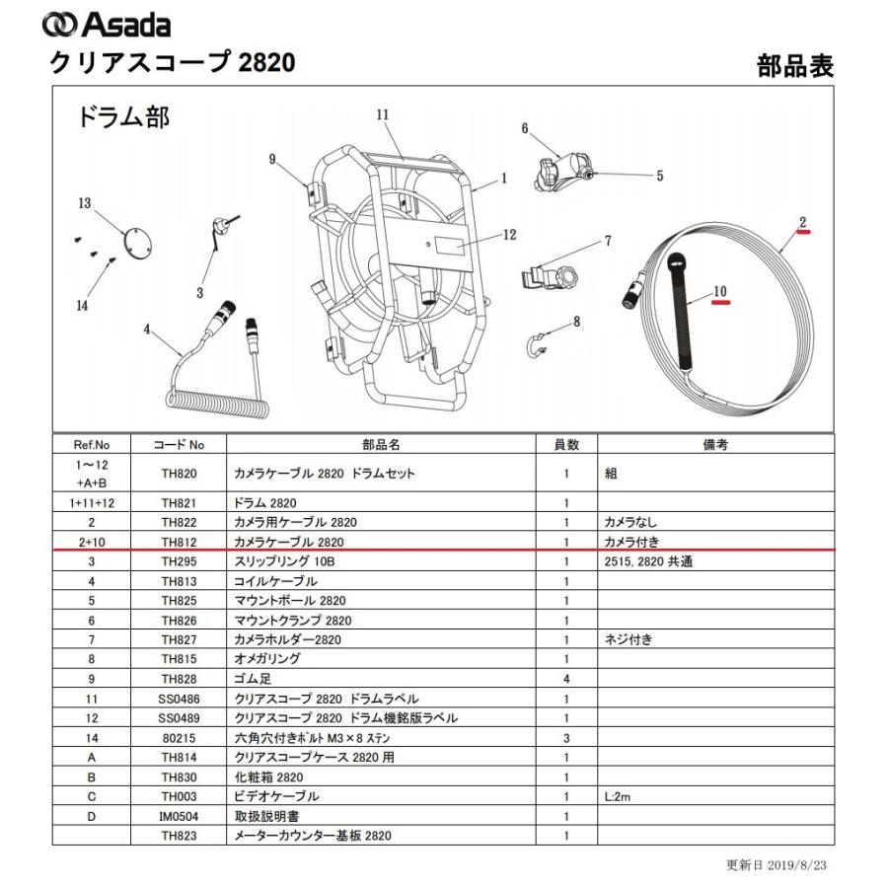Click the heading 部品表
tap(795, 65)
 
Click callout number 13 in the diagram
tap(85, 203)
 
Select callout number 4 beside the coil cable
tap(147, 330)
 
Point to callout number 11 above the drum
tap(383, 115)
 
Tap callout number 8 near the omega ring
tap(576, 321)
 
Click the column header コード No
tap(182, 445)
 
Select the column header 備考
tap(715, 445)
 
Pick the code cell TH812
tap(181, 542)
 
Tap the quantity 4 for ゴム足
tap(566, 679)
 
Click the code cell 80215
tap(181, 737)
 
